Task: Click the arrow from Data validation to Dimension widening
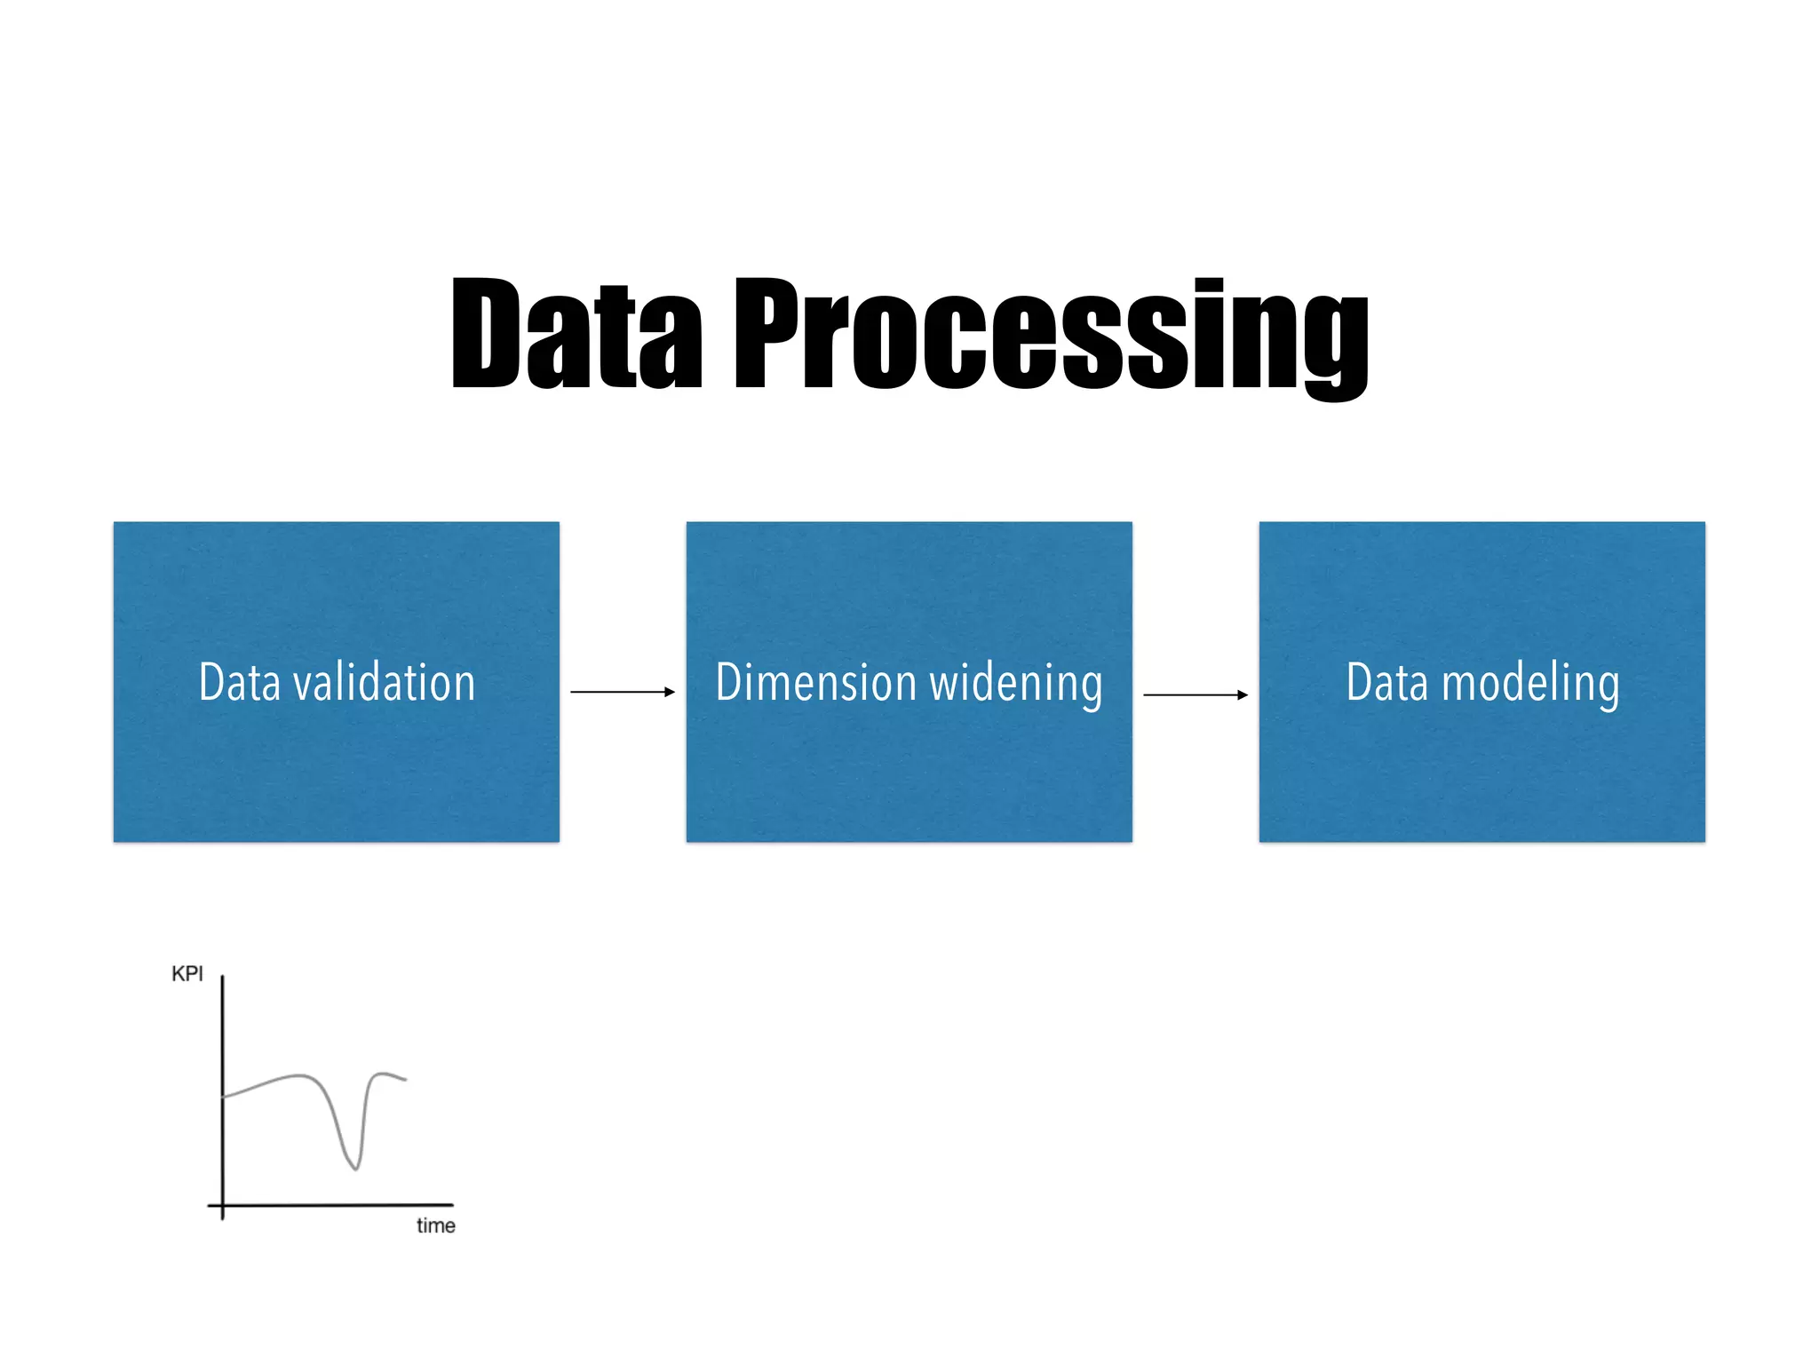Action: click(x=622, y=691)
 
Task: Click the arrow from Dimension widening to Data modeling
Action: click(x=1195, y=694)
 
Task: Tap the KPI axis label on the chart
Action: click(x=187, y=974)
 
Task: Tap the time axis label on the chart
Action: click(x=435, y=1225)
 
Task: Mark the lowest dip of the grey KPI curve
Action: click(x=355, y=1168)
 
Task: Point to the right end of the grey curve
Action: click(x=405, y=1080)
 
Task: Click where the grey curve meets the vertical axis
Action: click(x=223, y=1097)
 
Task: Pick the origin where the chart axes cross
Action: click(x=222, y=1205)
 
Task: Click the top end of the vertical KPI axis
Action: click(x=222, y=978)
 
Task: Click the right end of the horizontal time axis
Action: click(x=452, y=1205)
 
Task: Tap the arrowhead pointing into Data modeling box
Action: click(x=1243, y=694)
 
